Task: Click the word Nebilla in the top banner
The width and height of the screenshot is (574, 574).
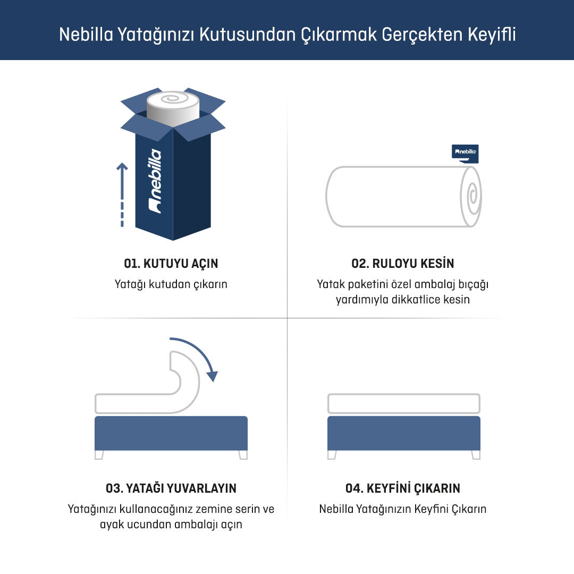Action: click(x=86, y=35)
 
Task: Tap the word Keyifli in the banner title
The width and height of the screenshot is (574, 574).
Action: click(x=492, y=35)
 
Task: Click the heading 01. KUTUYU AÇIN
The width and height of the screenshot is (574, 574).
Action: click(x=171, y=263)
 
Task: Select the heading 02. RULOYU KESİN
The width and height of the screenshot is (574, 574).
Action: click(x=403, y=263)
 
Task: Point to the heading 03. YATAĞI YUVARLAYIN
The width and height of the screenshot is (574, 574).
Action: click(x=171, y=488)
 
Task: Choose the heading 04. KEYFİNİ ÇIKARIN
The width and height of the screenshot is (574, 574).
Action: click(x=403, y=488)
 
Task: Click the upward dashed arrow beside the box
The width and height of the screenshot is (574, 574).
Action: click(x=122, y=195)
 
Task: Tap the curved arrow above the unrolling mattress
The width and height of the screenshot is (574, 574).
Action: click(x=196, y=354)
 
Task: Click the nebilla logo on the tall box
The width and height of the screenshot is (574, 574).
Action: click(x=155, y=181)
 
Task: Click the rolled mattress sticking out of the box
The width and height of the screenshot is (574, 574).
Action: click(x=173, y=108)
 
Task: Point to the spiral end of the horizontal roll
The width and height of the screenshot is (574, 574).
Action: click(x=471, y=197)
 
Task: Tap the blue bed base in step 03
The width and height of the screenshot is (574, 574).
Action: click(x=171, y=434)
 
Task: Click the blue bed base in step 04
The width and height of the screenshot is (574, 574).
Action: click(x=404, y=434)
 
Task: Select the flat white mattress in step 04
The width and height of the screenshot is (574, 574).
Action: click(x=404, y=403)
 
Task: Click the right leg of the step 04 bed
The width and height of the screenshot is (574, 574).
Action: click(x=476, y=454)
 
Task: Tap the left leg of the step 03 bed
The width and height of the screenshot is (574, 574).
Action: click(x=99, y=454)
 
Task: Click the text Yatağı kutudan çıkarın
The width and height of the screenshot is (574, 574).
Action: click(x=171, y=284)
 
